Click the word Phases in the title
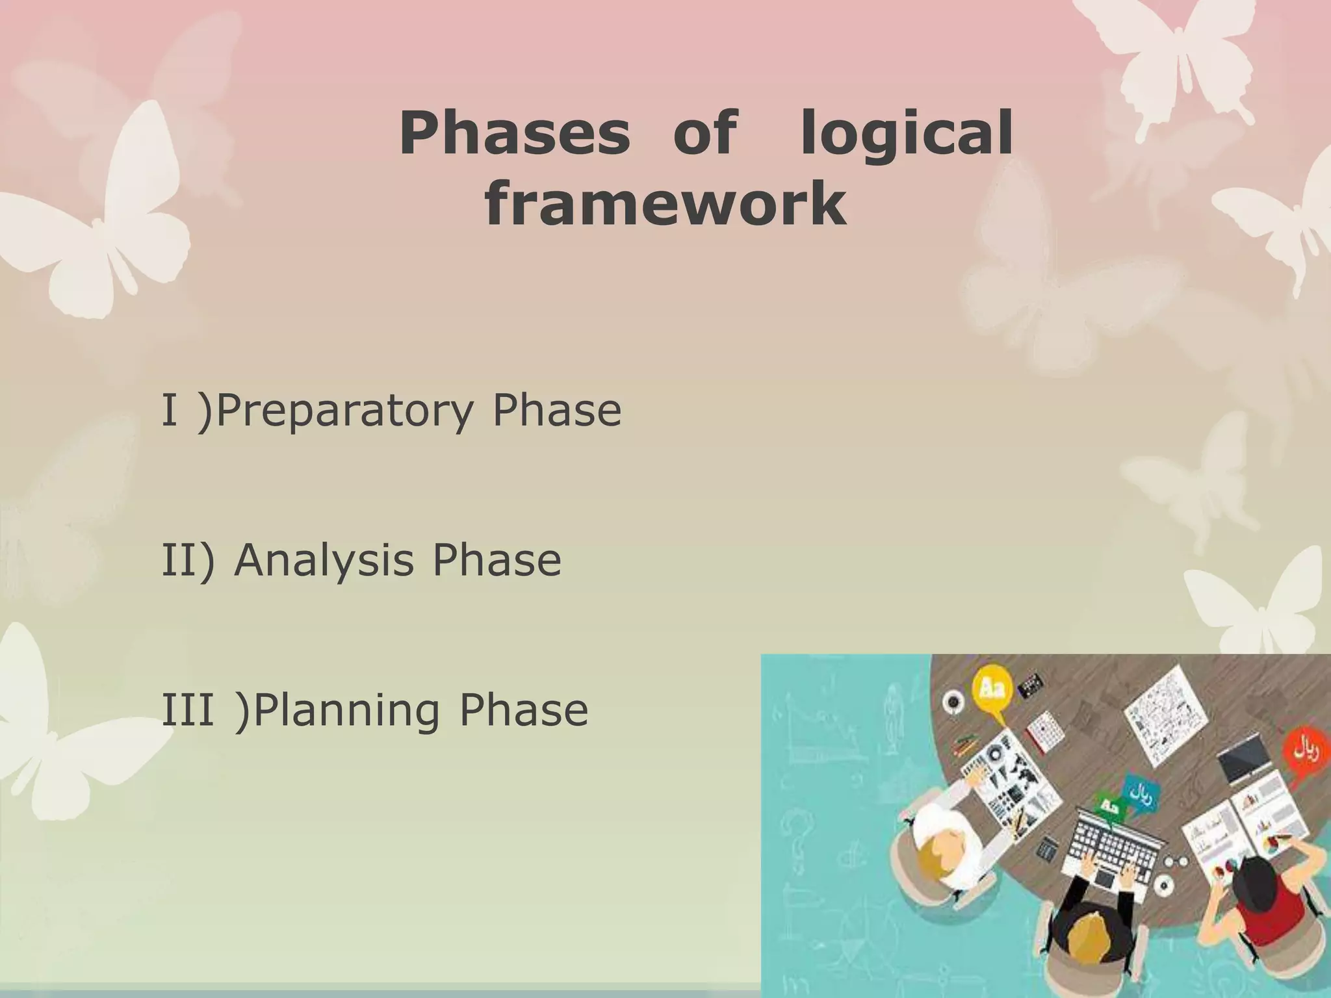tap(514, 134)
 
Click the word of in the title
tap(704, 134)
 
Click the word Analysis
tap(323, 560)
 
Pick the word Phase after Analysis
tap(497, 560)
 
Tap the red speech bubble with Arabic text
tap(1307, 754)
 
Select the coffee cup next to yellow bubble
tap(953, 702)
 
